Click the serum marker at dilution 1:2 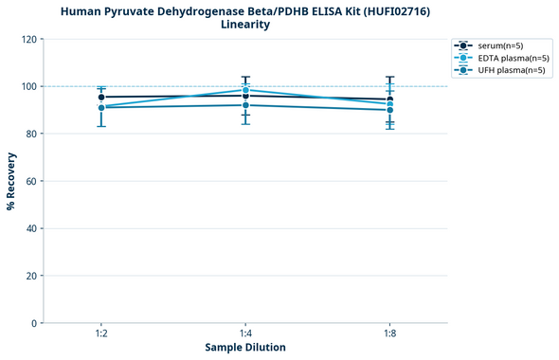coord(101,97)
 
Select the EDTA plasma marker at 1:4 coord(246,90)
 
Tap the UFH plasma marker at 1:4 coord(246,105)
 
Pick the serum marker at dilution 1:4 coord(246,96)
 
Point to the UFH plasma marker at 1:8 coord(390,110)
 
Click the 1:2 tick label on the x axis coord(101,334)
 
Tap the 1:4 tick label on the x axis coord(246,334)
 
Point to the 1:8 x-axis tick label coord(390,334)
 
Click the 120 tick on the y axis coord(29,40)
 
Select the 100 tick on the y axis coord(29,87)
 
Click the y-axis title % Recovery coord(11,181)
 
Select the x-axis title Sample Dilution coord(245,348)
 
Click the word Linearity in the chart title coord(245,25)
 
